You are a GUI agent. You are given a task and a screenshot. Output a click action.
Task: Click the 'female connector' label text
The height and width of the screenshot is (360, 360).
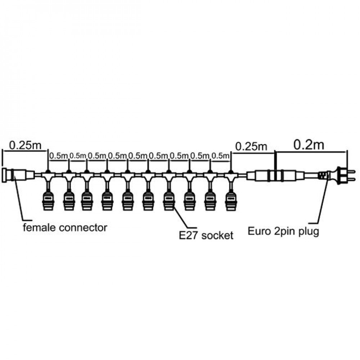[65, 228]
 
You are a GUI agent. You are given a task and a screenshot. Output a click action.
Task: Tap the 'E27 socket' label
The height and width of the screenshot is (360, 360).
[206, 235]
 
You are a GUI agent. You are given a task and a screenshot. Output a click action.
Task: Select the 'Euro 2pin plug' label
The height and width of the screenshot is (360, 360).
[283, 231]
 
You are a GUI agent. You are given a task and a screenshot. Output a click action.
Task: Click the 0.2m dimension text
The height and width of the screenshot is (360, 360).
[309, 145]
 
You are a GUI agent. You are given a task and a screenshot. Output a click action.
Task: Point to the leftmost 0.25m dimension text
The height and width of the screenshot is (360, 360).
[25, 145]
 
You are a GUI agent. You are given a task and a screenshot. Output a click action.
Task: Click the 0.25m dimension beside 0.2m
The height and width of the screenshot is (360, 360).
[251, 146]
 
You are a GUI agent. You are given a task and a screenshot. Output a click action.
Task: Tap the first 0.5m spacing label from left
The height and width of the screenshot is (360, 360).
[59, 156]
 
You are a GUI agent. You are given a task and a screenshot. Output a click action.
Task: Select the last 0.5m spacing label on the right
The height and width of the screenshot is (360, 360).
[220, 156]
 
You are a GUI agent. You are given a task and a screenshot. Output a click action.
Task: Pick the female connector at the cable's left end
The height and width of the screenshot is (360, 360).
[18, 175]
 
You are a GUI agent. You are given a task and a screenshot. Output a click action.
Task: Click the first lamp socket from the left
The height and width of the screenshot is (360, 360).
[48, 201]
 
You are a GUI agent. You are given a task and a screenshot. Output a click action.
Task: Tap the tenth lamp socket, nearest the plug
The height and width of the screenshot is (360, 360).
[231, 201]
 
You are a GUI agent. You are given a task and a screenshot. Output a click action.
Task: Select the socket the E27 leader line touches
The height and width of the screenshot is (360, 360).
[169, 201]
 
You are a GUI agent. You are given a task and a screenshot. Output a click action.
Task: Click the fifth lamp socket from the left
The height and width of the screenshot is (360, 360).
[127, 201]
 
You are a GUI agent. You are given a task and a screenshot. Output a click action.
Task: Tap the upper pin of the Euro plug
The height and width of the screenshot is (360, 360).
[351, 171]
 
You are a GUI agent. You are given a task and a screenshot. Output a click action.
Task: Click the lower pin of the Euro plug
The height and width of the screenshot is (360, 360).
[351, 179]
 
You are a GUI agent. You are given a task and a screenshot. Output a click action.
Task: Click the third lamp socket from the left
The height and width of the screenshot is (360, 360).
[87, 201]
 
